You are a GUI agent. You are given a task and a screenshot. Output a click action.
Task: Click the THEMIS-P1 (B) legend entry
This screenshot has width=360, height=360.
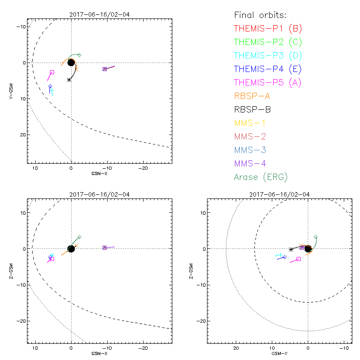point(268,29)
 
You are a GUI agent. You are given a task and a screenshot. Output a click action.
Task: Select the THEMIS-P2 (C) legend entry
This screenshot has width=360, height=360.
point(268,42)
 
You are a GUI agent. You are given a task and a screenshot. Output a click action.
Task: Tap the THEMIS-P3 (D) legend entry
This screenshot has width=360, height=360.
point(268,56)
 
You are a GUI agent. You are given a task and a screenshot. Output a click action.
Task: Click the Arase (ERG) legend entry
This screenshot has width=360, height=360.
point(261,177)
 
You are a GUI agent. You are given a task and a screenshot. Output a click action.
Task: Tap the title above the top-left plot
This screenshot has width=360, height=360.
point(99,14)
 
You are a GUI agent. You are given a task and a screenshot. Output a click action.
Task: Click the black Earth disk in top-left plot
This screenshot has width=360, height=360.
point(71,63)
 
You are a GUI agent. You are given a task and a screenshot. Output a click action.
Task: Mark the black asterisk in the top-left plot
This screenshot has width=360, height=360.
point(69,80)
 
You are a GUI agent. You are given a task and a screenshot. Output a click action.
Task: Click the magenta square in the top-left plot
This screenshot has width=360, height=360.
point(52,72)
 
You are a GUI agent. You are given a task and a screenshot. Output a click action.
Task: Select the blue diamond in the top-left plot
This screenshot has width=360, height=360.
point(50,86)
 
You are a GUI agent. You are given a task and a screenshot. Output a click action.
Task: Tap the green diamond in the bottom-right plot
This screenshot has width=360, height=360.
point(315,237)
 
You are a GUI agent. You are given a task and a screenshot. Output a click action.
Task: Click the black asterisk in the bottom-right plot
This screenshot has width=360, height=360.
point(291,249)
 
